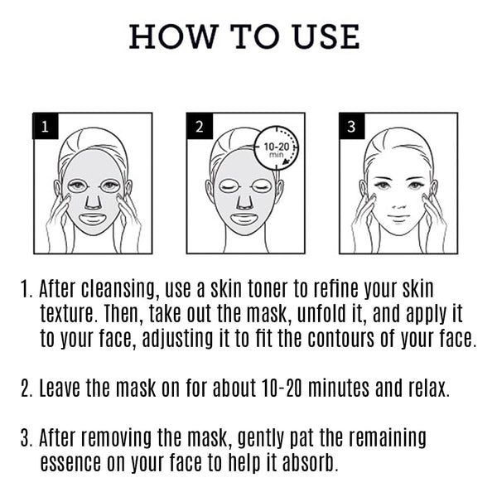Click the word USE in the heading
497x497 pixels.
click(324, 36)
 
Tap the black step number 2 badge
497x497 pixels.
click(200, 128)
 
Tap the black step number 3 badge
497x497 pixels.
click(351, 128)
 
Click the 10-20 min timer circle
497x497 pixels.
click(276, 148)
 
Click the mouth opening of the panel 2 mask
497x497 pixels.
click(244, 220)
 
